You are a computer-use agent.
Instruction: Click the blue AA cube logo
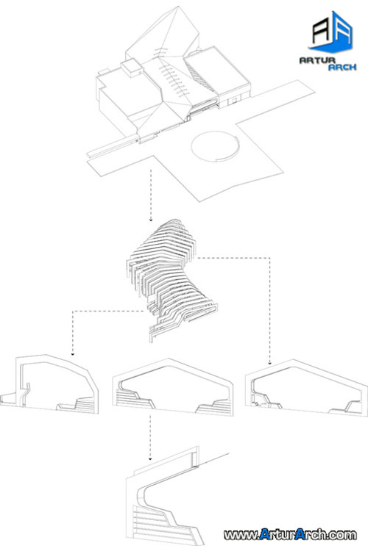tap(333, 32)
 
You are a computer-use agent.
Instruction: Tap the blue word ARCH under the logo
tap(342, 67)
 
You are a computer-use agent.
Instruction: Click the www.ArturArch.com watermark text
tap(290, 535)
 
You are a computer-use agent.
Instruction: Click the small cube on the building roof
tap(131, 68)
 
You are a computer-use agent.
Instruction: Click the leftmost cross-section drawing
tap(49, 383)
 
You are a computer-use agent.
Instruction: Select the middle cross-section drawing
tap(172, 387)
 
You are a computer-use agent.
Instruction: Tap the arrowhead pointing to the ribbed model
tap(151, 220)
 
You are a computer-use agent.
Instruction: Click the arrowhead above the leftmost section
tap(73, 354)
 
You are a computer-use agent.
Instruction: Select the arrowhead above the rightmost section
tap(270, 363)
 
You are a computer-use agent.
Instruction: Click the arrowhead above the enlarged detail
tap(150, 458)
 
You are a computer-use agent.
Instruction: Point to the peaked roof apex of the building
tap(179, 6)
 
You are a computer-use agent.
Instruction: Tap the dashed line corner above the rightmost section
tap(270, 258)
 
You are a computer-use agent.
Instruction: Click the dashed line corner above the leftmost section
tap(73, 311)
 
